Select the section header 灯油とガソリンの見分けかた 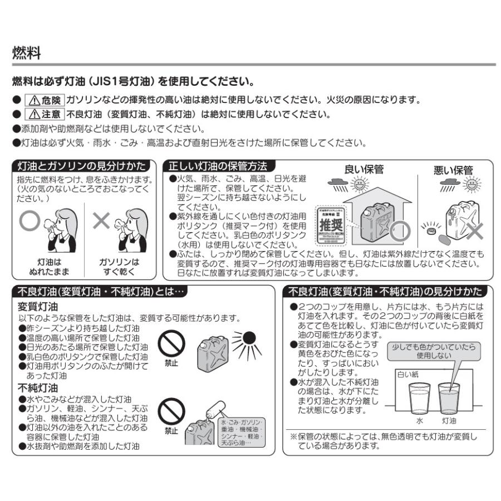pyautogui.click(x=82, y=166)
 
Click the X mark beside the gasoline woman pyautogui.click(x=101, y=221)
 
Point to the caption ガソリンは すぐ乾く pyautogui.click(x=119, y=267)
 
